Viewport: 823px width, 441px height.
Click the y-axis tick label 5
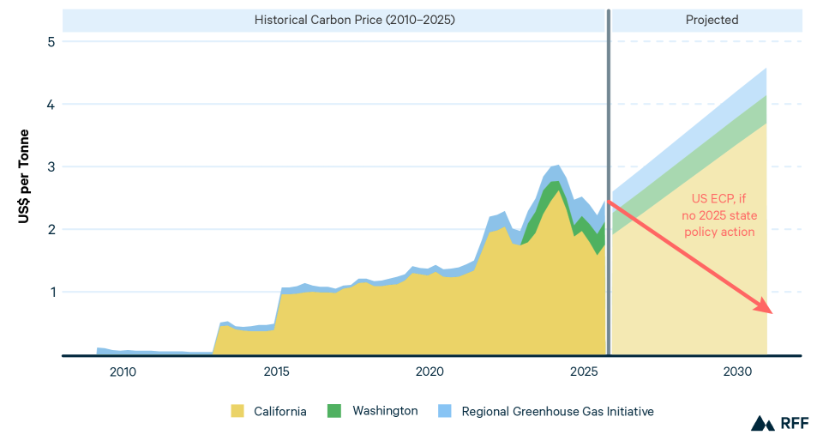51,41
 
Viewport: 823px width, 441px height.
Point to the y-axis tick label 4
51,104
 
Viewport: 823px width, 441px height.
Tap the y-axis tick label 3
51,166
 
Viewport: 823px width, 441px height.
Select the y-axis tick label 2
51,229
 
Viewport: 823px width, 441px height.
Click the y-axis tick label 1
51,292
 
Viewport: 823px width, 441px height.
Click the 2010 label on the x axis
123,372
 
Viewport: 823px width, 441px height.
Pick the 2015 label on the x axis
276,372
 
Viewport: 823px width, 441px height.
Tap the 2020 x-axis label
430,372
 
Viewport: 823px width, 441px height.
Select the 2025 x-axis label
583,372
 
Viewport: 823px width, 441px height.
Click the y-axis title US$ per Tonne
24,177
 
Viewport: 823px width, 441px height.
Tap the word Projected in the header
712,19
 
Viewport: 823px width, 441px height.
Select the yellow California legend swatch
237,411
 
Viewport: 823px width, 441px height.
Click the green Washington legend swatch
334,411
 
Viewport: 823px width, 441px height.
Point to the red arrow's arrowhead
766,309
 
